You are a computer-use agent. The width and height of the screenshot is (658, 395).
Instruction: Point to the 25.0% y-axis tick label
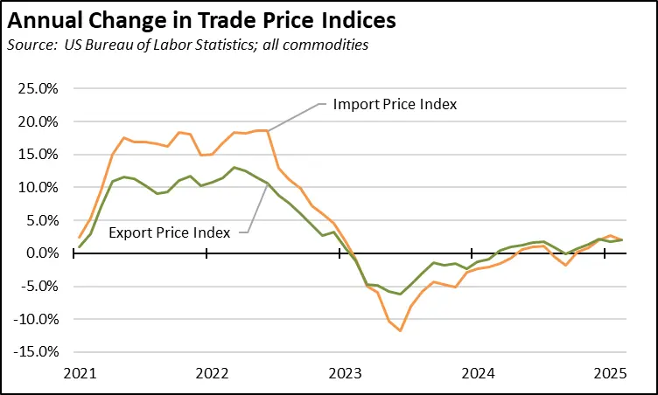pyautogui.click(x=36, y=89)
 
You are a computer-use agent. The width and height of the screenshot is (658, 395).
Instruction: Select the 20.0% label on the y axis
pyautogui.click(x=36, y=122)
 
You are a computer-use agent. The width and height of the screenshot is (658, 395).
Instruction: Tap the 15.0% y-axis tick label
pyautogui.click(x=36, y=155)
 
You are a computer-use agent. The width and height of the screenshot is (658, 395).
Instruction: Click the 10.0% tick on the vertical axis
pyautogui.click(x=36, y=188)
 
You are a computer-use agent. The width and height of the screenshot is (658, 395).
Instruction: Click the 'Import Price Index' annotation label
pyautogui.click(x=395, y=105)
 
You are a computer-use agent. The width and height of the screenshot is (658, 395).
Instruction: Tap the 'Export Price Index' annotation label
pyautogui.click(x=170, y=232)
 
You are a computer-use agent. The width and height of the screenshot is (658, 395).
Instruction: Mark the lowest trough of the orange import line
pyautogui.click(x=400, y=330)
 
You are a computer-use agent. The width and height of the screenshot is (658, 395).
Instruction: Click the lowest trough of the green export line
pyautogui.click(x=400, y=294)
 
